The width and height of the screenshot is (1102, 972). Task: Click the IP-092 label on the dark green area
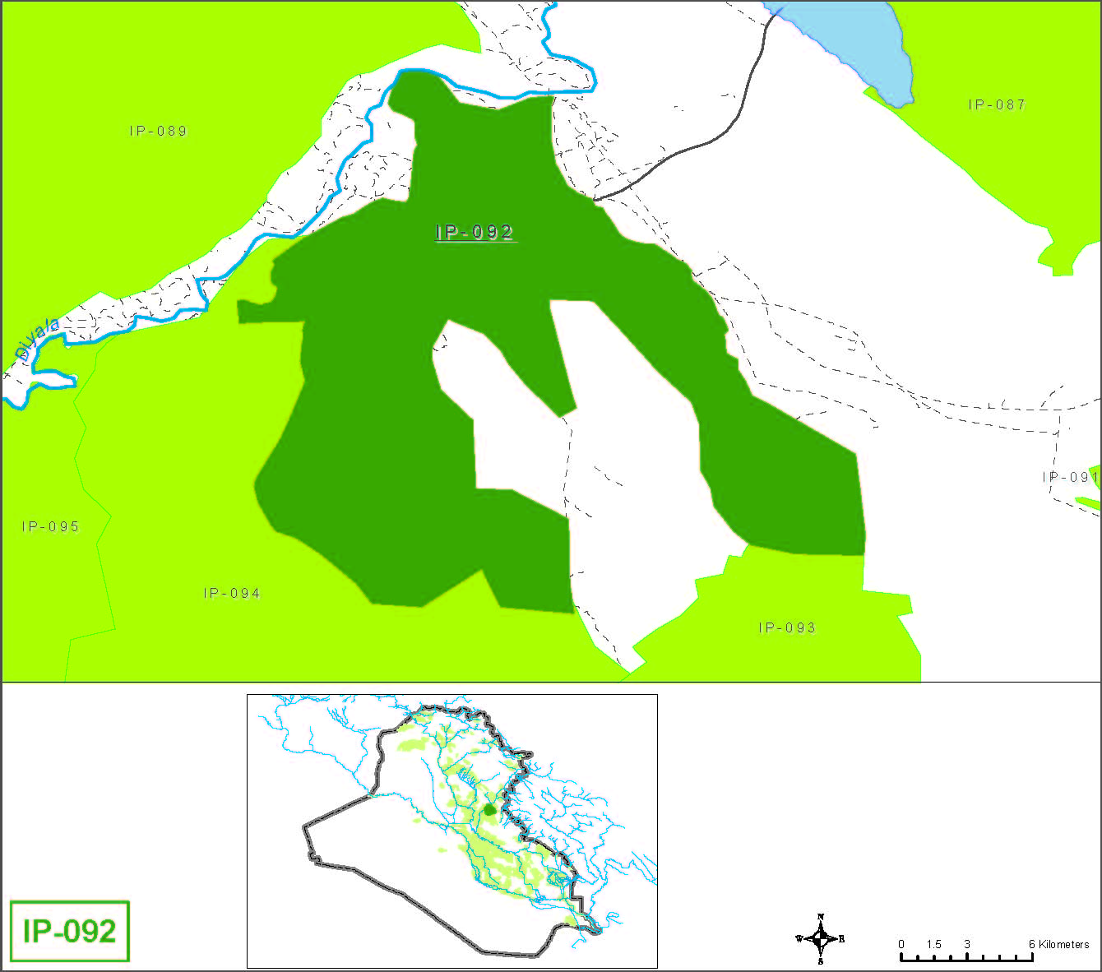click(475, 233)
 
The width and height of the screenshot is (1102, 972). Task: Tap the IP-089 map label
click(158, 131)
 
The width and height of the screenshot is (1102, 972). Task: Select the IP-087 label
click(997, 104)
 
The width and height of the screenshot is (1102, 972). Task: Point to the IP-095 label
click(50, 526)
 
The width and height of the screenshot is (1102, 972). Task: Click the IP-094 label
click(232, 593)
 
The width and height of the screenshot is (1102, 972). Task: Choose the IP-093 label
click(787, 627)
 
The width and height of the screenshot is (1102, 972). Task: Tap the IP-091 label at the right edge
click(1070, 477)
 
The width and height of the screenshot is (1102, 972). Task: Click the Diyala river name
click(38, 339)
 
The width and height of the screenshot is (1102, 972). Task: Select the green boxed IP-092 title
click(70, 931)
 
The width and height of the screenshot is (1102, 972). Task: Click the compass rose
click(821, 938)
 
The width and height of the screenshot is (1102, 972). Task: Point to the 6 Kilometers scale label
click(1058, 944)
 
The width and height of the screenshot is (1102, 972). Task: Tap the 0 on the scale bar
click(901, 944)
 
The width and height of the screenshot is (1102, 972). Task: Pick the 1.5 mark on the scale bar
click(933, 944)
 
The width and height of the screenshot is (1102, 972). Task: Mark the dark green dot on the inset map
click(490, 809)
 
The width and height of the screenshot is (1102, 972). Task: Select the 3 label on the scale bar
click(966, 944)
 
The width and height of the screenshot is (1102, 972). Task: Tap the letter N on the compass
click(821, 917)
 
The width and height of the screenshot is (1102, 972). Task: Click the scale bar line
click(966, 958)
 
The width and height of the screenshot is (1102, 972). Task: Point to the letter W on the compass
click(799, 938)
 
